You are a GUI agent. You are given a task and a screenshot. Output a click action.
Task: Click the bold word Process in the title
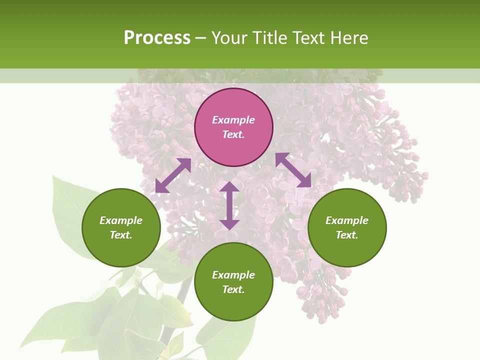tap(157, 38)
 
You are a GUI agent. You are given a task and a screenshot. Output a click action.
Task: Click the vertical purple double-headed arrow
tap(229, 205)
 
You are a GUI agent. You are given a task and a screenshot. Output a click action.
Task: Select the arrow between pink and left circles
tap(173, 175)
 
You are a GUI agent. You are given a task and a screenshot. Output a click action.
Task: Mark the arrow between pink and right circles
tap(293, 170)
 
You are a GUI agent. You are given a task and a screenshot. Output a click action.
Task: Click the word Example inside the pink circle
tap(233, 120)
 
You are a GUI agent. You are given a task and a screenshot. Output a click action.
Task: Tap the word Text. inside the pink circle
tap(233, 134)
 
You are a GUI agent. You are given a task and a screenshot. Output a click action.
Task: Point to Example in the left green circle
tap(121, 220)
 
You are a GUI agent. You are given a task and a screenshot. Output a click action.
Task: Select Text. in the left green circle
tap(121, 235)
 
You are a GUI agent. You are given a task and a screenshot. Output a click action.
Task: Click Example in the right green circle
tap(347, 220)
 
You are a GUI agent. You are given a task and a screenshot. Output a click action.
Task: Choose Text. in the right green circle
tap(347, 235)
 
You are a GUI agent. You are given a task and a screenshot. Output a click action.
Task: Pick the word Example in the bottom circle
tap(233, 275)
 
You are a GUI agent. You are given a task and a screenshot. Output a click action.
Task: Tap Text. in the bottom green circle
tap(233, 289)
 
